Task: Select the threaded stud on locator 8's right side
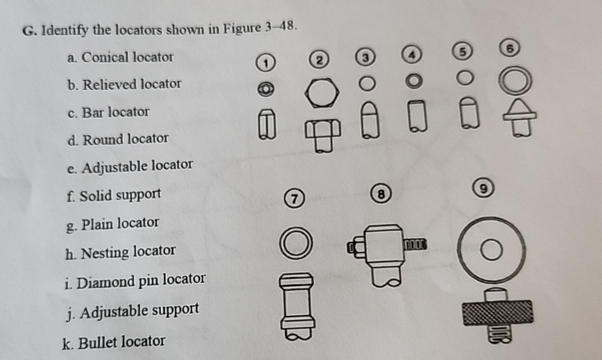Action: coord(416,245)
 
